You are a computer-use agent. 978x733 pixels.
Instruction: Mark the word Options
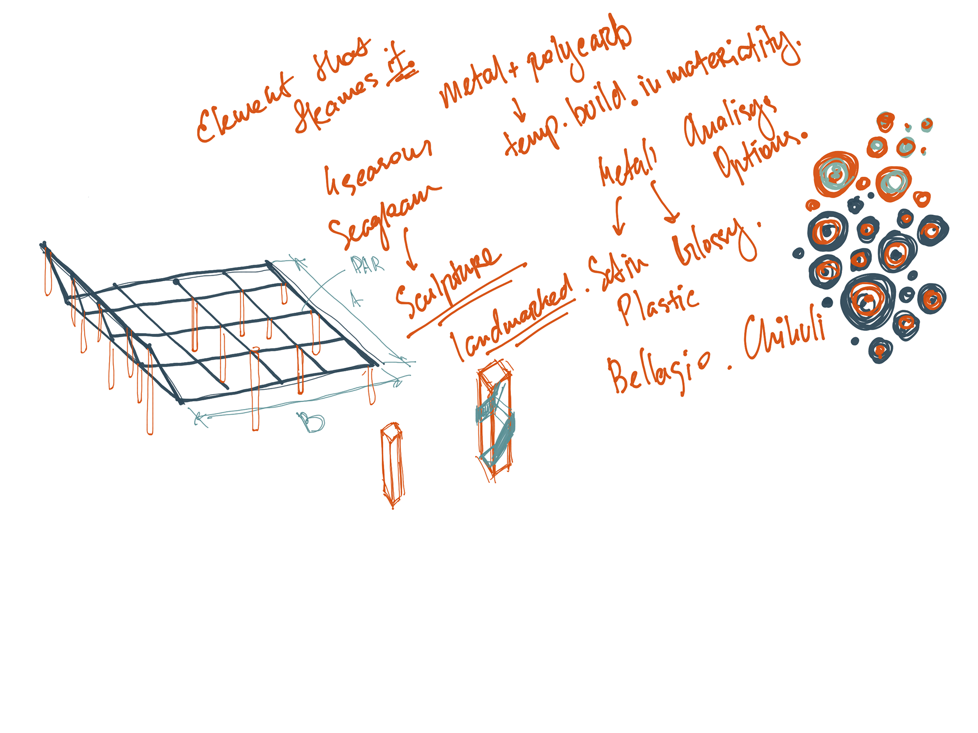pos(759,153)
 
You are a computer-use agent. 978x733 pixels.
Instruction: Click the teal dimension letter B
pos(311,422)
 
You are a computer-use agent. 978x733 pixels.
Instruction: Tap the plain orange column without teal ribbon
pos(392,464)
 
